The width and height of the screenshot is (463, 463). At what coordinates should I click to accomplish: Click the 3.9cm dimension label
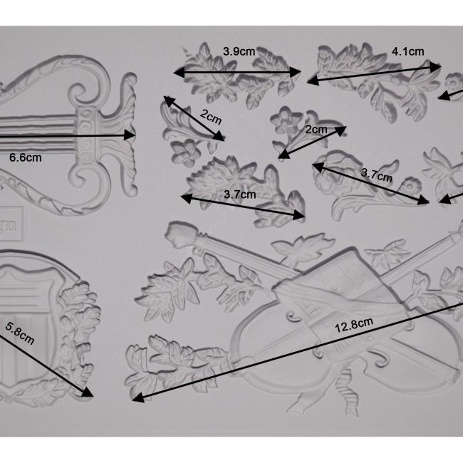(239, 51)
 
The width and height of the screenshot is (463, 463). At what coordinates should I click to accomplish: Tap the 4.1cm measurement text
(407, 52)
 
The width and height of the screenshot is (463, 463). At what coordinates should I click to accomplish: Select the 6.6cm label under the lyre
(26, 157)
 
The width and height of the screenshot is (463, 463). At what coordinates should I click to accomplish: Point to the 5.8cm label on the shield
(19, 333)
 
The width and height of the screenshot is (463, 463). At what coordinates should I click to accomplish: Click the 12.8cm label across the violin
(354, 325)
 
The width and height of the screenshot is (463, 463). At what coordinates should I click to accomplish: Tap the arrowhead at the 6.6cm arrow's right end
(130, 135)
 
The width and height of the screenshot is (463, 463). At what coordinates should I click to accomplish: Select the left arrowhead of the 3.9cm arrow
(180, 72)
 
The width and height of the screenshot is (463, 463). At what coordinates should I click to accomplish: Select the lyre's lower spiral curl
(84, 177)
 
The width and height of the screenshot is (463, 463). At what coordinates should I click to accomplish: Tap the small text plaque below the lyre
(10, 224)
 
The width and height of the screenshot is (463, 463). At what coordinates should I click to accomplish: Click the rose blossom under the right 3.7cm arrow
(331, 175)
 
